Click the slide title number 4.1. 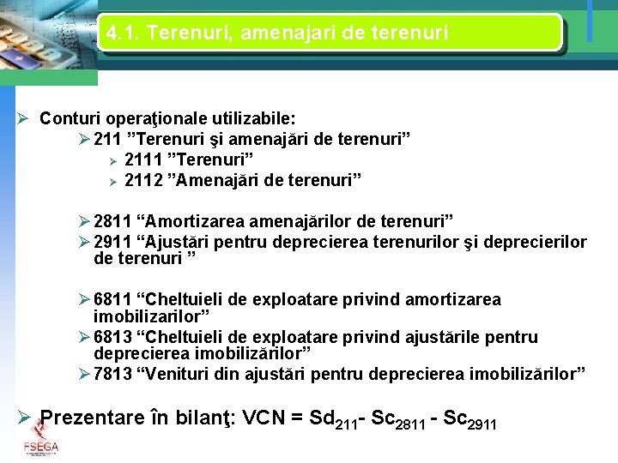tap(120, 34)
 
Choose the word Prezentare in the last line tap(94, 419)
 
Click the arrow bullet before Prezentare tap(26, 419)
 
